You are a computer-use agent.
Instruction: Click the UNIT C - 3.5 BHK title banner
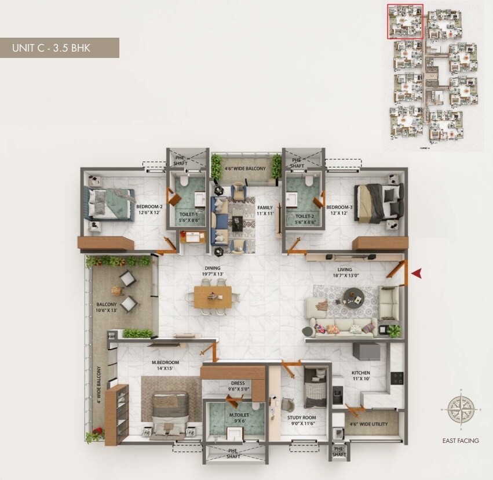tap(59, 48)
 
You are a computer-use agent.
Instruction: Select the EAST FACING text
tap(460, 441)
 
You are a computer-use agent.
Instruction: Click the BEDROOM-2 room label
tap(149, 210)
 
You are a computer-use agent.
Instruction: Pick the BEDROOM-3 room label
tap(338, 210)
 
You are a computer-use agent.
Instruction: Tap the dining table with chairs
tap(213, 296)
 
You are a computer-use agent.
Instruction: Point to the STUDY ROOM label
tap(301, 420)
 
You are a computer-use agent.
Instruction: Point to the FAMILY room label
tap(265, 210)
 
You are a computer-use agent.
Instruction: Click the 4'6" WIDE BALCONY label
tap(245, 169)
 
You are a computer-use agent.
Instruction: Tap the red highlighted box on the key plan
tap(405, 21)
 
